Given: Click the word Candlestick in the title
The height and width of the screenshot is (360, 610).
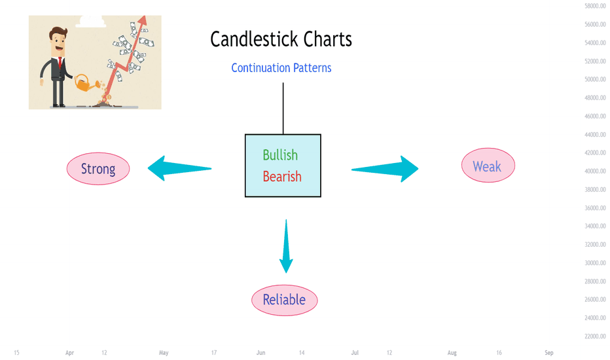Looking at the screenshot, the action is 255,39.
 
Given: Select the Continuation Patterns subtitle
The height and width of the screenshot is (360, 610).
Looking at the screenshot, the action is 281,67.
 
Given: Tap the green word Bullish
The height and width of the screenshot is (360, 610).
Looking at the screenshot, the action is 280,155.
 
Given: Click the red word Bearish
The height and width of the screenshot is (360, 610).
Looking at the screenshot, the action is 282,176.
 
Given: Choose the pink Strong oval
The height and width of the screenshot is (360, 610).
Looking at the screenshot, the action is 98,168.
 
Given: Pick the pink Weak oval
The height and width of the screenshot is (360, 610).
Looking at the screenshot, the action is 488,166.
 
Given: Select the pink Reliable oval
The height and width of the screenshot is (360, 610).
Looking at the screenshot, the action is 284,300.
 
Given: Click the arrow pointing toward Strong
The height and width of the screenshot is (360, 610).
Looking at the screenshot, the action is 179,168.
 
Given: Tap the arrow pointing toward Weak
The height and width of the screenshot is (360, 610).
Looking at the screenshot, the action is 385,169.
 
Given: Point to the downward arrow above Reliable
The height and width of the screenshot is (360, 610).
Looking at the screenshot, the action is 286,246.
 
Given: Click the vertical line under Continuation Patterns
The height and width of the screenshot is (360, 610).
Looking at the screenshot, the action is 283,108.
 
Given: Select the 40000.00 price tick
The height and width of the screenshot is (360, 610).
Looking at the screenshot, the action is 595,171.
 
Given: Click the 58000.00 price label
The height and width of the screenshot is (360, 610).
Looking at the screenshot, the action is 595,6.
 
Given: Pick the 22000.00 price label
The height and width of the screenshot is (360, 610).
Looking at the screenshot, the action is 595,336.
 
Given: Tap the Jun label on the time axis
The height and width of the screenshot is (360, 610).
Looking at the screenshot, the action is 260,353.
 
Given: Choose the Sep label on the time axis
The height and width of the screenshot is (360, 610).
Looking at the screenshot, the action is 549,353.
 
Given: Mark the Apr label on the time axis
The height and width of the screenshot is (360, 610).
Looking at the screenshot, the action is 69,353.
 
